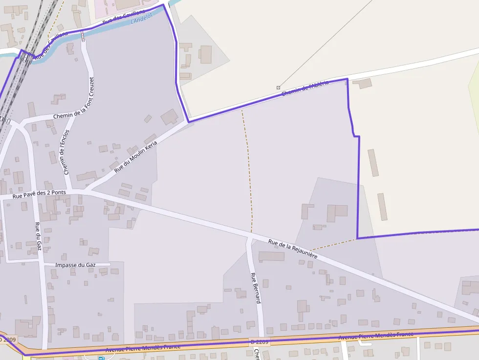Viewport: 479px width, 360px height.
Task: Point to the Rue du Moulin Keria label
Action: click(136, 156)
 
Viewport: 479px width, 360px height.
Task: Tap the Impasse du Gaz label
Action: click(75, 264)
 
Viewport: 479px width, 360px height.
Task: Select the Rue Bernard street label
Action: click(256, 288)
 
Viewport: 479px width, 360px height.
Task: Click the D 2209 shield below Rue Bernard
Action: click(260, 341)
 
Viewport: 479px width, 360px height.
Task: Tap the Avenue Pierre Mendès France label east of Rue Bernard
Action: click(376, 336)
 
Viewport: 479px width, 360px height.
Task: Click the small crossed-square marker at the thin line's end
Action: click(278, 87)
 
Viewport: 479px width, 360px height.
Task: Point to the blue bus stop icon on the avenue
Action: click(101, 358)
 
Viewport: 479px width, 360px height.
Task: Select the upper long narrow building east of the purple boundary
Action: click(373, 163)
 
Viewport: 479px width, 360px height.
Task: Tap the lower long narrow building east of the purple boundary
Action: click(382, 207)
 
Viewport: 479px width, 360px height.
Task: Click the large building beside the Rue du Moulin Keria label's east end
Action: click(170, 117)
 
